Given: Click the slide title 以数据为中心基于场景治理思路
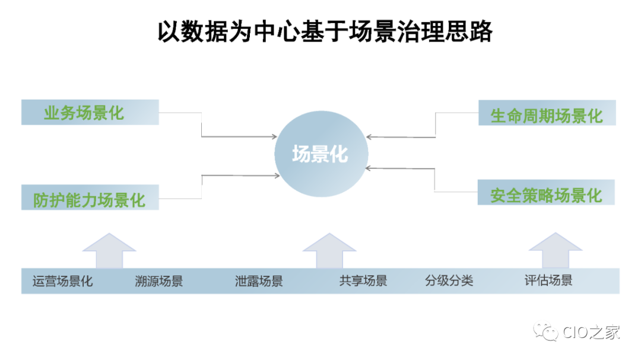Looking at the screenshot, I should tap(325, 31).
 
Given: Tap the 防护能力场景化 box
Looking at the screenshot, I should tap(90, 198).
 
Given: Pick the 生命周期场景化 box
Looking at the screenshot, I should tap(547, 113).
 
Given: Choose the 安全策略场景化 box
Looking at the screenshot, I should tap(546, 193).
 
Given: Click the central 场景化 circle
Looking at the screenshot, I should tap(320, 154).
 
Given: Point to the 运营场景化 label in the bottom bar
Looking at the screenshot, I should tap(62, 281).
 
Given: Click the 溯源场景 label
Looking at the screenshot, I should tap(159, 281).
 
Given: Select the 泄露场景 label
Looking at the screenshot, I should tap(259, 281).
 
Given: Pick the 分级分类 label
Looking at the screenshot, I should tap(449, 281).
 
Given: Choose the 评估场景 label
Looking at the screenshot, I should tap(548, 281).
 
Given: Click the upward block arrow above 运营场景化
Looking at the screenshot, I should tap(109, 251).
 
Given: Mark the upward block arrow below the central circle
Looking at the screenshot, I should tap(329, 251).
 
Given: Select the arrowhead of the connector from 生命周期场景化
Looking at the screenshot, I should tap(368, 137).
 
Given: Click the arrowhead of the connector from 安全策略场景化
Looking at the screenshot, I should tap(367, 168).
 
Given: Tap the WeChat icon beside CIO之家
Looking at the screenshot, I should tap(546, 332).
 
